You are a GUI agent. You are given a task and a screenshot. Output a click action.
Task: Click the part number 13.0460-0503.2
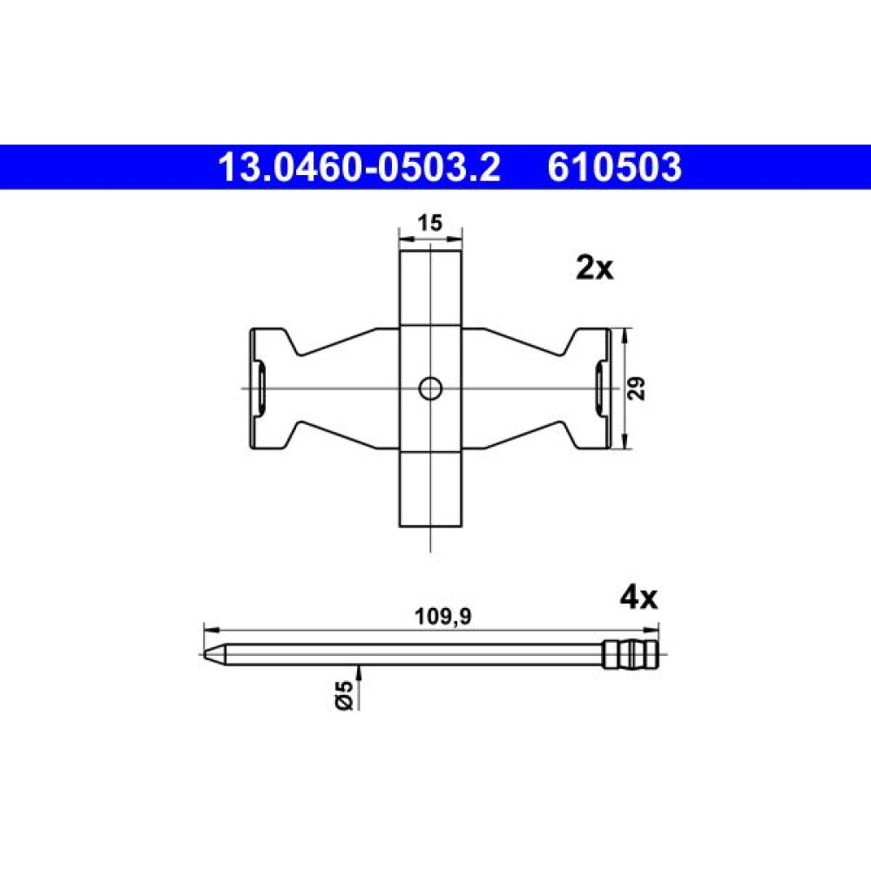click(x=360, y=167)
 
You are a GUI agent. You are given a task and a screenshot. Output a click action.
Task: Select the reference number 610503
click(x=614, y=167)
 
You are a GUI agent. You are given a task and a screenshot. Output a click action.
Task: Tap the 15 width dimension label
click(x=430, y=223)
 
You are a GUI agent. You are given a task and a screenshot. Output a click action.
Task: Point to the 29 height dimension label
click(x=638, y=388)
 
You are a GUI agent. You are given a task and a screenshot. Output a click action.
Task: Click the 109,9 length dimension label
click(x=443, y=616)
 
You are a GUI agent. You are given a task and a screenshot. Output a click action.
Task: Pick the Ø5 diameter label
click(x=344, y=695)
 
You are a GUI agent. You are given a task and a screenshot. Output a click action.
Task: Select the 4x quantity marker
click(x=638, y=598)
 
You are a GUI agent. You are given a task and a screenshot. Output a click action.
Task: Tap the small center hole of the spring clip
click(x=430, y=388)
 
